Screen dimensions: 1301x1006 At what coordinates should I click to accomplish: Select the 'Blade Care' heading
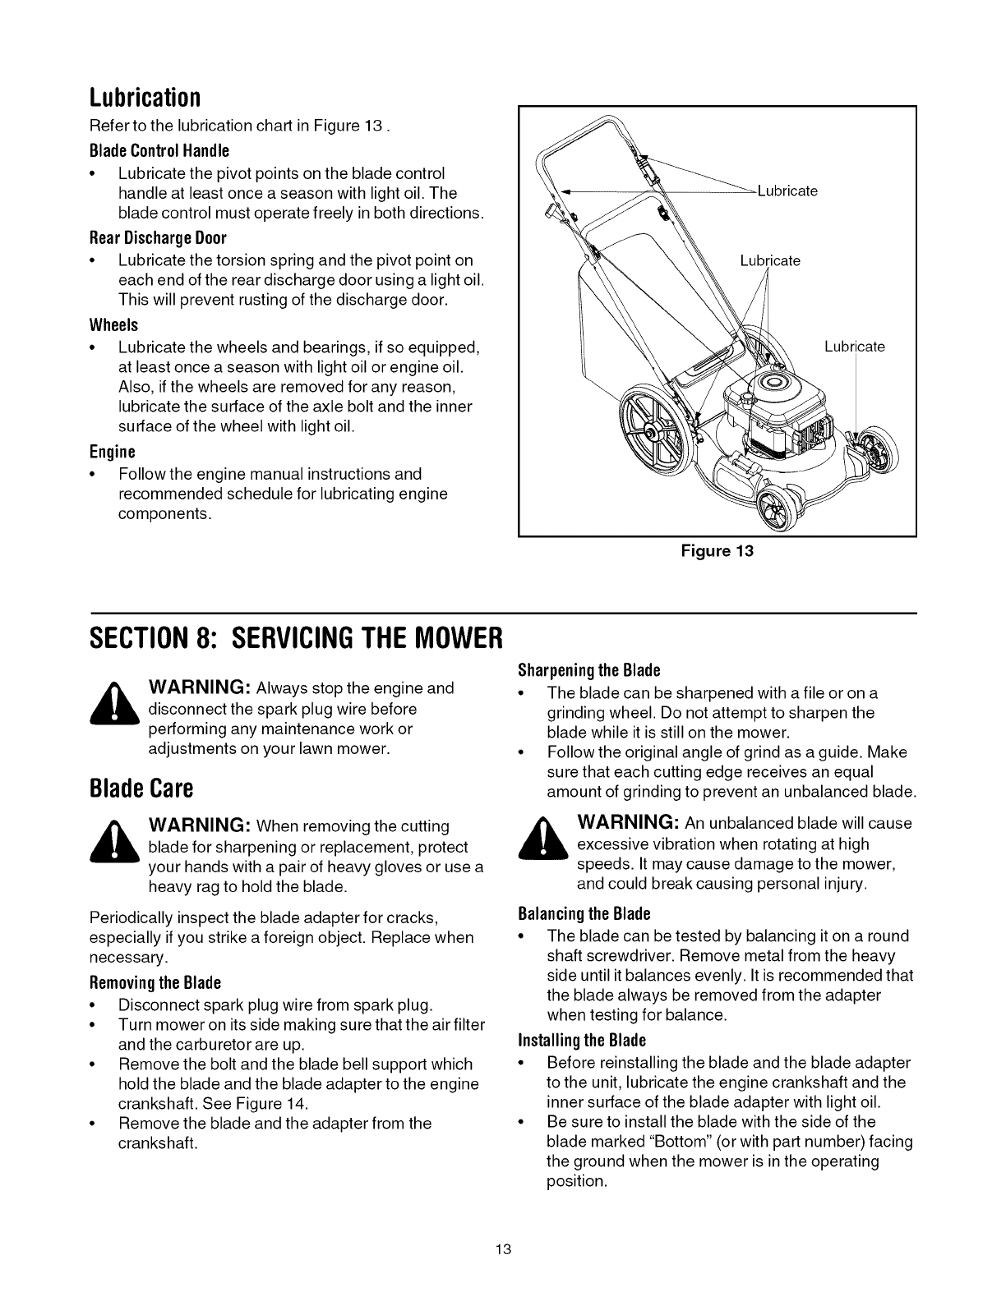pos(141,789)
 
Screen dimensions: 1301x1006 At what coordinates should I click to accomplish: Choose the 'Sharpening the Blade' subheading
pos(589,669)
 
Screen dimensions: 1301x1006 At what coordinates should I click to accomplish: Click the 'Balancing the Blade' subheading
pos(584,914)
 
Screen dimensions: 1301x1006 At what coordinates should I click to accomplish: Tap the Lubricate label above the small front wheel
pos(855,347)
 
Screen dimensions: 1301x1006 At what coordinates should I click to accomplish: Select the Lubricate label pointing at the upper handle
pos(787,191)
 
